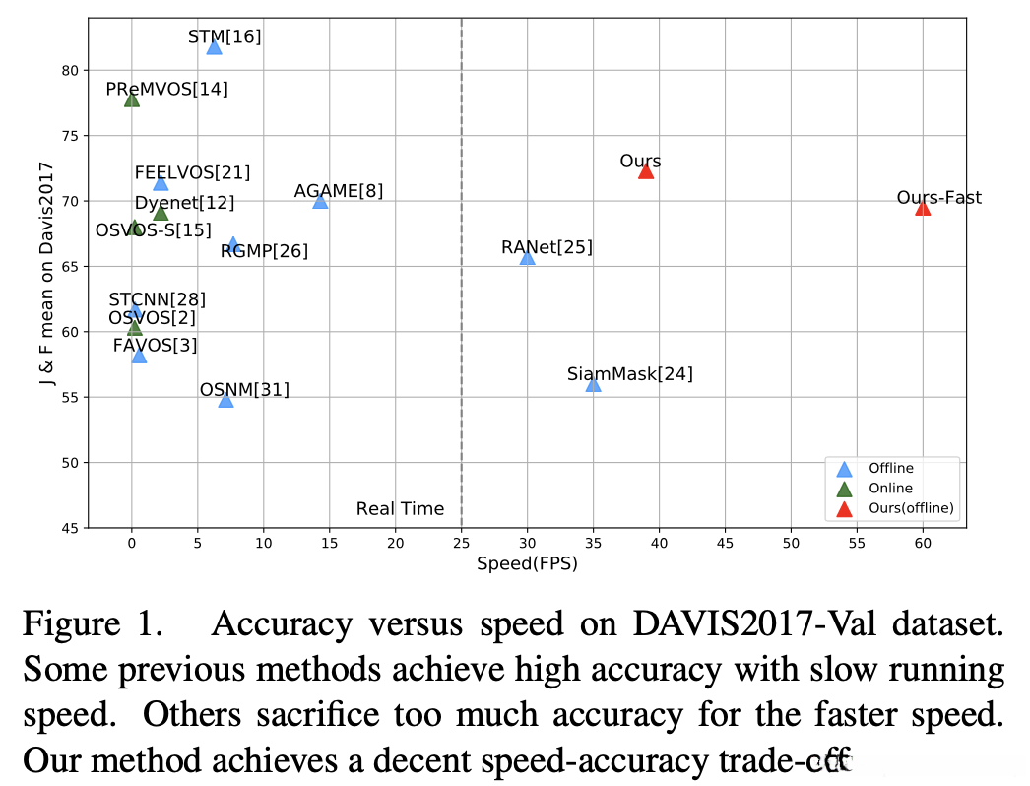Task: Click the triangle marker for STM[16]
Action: [214, 47]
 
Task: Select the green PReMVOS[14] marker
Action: [132, 99]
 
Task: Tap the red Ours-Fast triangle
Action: [923, 208]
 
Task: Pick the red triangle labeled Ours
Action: [646, 171]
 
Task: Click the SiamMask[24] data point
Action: [593, 384]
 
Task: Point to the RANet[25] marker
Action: [527, 258]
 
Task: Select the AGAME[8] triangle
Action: [320, 201]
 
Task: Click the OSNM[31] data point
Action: [225, 400]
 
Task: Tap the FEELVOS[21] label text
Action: [192, 173]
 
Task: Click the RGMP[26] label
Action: [264, 251]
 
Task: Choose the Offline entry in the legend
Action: [890, 468]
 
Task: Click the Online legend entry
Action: [889, 488]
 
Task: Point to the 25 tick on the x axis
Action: [461, 544]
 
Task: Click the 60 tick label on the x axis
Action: [923, 544]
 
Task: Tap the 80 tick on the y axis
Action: [69, 70]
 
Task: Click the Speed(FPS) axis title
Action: [527, 564]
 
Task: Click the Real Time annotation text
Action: [400, 509]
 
